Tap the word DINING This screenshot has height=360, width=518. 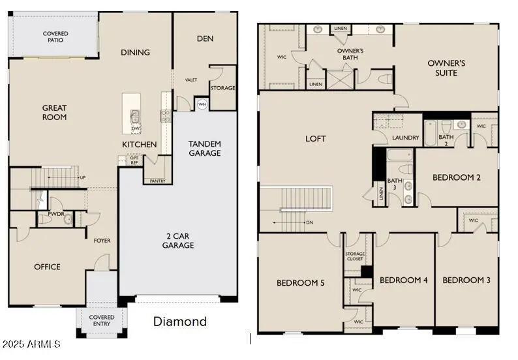click(135, 52)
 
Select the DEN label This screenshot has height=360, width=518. click(205, 38)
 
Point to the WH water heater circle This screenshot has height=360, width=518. click(202, 104)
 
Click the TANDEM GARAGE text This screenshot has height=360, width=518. click(204, 148)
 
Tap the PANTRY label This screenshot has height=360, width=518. click(157, 181)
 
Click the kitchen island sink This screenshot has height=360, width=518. click(135, 117)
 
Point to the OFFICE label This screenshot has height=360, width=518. click(47, 267)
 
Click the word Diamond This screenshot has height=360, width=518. click(179, 321)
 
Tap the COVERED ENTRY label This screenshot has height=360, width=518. click(102, 320)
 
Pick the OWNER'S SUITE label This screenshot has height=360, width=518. click(446, 68)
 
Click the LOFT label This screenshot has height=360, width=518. click(315, 139)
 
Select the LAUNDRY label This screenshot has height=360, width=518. click(405, 138)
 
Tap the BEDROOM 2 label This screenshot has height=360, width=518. click(456, 177)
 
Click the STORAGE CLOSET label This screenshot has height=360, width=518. click(355, 257)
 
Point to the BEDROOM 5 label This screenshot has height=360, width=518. click(301, 282)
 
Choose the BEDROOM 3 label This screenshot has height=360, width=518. click(466, 280)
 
